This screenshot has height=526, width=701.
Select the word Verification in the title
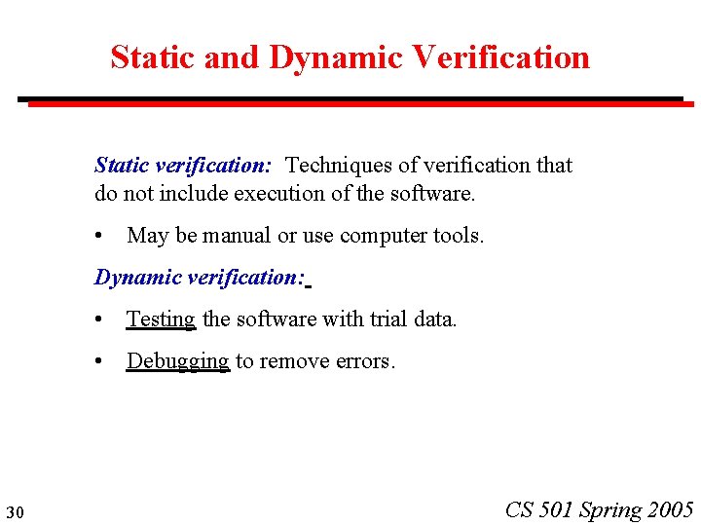click(x=500, y=57)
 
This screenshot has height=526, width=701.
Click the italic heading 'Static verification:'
click(x=183, y=166)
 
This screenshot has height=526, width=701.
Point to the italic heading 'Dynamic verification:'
click(x=200, y=278)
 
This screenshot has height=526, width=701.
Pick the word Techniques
click(x=334, y=166)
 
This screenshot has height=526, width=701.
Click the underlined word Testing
click(x=161, y=319)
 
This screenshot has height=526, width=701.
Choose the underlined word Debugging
click(x=177, y=362)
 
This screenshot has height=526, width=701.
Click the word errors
click(x=364, y=362)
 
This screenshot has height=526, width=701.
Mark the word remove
click(x=292, y=362)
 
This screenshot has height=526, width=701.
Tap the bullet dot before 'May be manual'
click(x=100, y=237)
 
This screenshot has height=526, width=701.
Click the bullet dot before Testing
click(x=100, y=320)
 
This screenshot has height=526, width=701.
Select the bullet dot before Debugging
click(x=100, y=362)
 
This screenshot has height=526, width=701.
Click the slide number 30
click(x=14, y=512)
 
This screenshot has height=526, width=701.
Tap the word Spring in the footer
click(x=610, y=510)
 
